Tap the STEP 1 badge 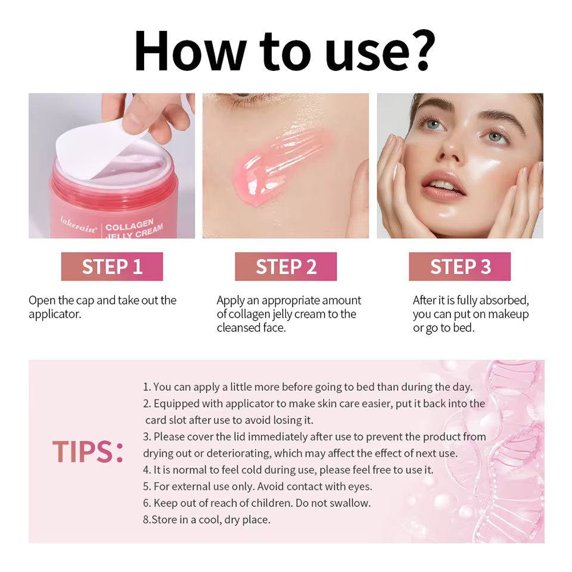[x=112, y=266]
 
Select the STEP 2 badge [x=286, y=266]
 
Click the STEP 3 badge [x=459, y=266]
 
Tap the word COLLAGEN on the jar [x=129, y=225]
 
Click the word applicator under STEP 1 [x=54, y=314]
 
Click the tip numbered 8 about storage [x=207, y=520]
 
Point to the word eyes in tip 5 [x=359, y=486]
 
